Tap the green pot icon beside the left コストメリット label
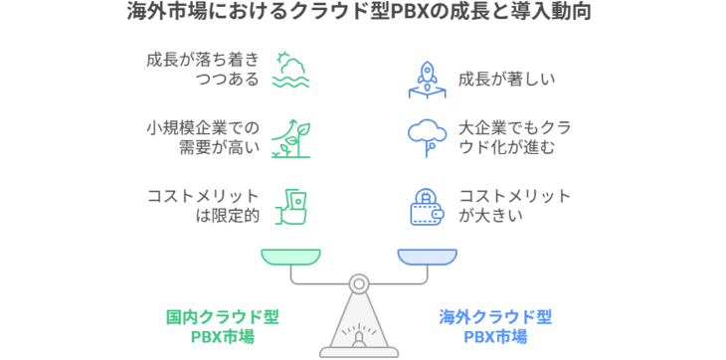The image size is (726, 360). coord(294,204)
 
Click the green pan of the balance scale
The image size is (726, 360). coord(291,257)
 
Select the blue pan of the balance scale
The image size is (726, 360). coord(428,257)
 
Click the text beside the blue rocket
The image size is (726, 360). coord(492,79)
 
